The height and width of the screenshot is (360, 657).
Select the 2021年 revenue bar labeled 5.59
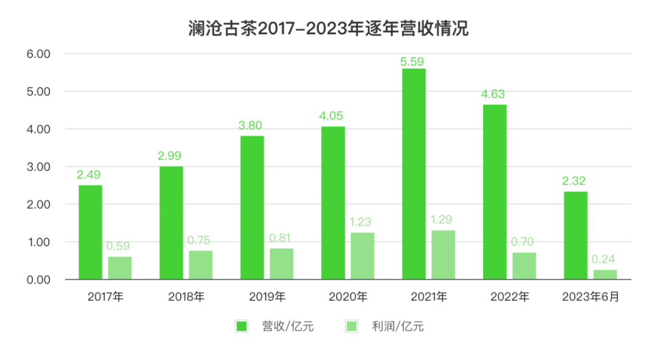[414, 173]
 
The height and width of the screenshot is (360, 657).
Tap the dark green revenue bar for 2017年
[91, 232]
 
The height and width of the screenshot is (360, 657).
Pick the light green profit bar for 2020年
[363, 255]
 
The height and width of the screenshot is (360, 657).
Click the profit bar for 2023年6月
[605, 274]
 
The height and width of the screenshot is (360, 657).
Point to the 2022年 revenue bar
[495, 192]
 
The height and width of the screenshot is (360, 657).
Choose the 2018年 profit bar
[201, 265]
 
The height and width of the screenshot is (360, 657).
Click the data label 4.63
[493, 94]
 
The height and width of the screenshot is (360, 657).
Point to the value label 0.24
[604, 260]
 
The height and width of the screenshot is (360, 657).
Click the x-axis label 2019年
[267, 297]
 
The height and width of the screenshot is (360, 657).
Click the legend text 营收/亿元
[288, 327]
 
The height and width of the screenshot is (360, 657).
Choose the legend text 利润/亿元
[398, 327]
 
